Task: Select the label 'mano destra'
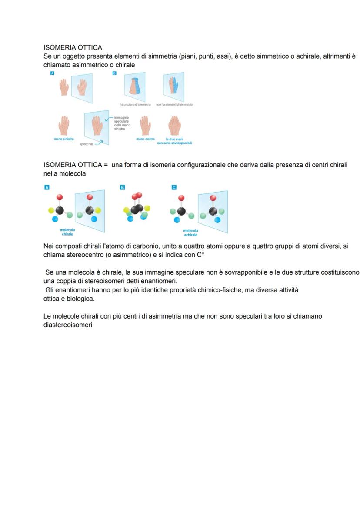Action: click(x=145, y=139)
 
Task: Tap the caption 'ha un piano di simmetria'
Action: click(x=135, y=105)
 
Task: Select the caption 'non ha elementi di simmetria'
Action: click(x=174, y=105)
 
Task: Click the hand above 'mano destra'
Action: click(x=146, y=125)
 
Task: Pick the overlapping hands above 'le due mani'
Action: click(x=175, y=125)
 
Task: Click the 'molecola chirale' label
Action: click(x=67, y=232)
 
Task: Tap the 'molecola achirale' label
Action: click(x=190, y=232)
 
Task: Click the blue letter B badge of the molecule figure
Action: click(x=122, y=187)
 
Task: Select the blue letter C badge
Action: click(x=174, y=187)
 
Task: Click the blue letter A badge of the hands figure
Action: click(x=52, y=74)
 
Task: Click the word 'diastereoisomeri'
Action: click(x=68, y=324)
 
